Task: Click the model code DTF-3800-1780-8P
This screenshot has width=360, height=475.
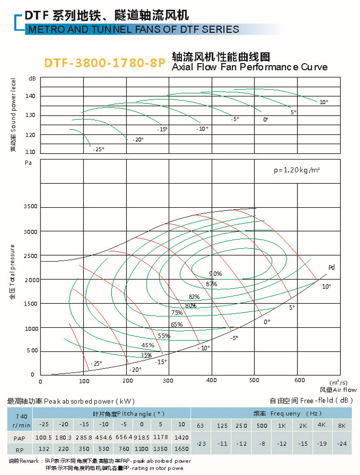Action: click(x=104, y=63)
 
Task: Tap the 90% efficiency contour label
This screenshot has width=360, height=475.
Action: click(x=215, y=273)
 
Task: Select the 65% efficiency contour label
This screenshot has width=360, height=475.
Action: click(x=176, y=324)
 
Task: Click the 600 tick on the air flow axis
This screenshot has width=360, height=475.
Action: click(x=301, y=380)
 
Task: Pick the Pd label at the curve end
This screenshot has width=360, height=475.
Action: click(x=331, y=267)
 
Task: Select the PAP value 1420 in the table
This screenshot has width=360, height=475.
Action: click(x=181, y=437)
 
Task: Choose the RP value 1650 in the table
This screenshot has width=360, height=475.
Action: click(x=181, y=448)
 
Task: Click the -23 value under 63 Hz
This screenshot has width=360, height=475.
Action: click(x=201, y=443)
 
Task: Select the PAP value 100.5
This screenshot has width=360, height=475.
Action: click(x=44, y=437)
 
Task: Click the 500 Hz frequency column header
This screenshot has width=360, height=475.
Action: click(x=262, y=425)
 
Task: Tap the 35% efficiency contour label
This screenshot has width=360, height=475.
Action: click(x=146, y=355)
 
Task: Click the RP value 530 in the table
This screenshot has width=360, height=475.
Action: click(x=104, y=448)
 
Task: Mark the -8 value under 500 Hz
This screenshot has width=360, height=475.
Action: click(x=262, y=443)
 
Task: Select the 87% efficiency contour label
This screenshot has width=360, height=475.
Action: click(x=211, y=284)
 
